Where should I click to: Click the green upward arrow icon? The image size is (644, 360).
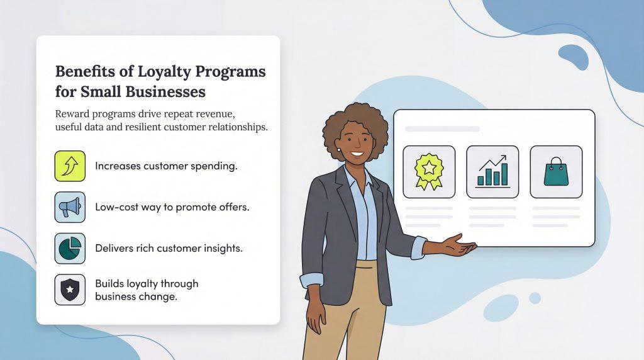(70, 166)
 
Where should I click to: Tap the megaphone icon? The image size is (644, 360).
(70, 207)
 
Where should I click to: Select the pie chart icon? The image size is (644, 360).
(70, 248)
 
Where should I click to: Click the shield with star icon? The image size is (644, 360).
(70, 290)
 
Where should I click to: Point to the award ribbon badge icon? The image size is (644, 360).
(429, 172)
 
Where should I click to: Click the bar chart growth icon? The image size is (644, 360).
(492, 172)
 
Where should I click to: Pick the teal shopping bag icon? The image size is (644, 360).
(556, 172)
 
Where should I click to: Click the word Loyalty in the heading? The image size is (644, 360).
(164, 72)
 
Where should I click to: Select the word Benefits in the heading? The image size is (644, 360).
(85, 71)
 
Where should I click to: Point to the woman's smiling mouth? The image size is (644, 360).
(357, 155)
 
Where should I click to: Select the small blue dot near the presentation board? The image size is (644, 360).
(535, 298)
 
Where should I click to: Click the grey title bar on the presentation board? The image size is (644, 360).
(442, 129)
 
